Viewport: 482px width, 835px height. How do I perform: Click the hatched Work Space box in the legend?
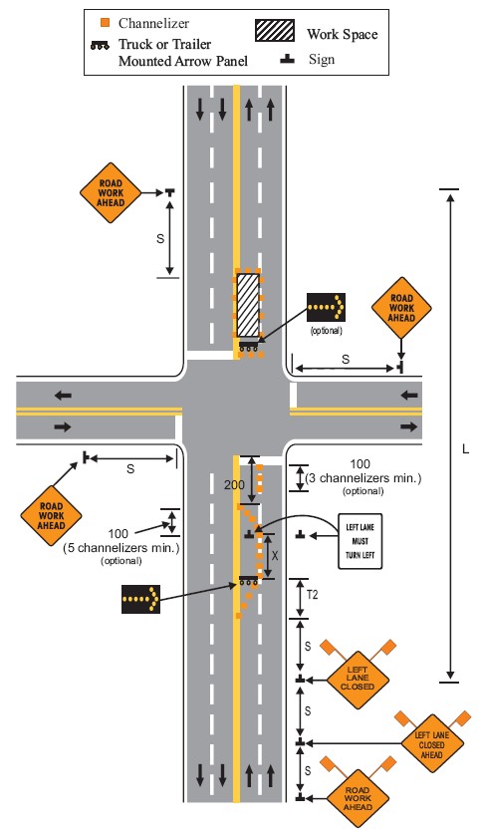[275, 31]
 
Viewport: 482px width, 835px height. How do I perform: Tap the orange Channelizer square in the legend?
[106, 23]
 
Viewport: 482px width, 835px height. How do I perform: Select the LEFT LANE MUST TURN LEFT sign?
[361, 541]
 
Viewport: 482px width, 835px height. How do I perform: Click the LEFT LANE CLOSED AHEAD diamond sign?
[431, 744]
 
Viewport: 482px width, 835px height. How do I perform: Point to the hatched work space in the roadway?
[248, 305]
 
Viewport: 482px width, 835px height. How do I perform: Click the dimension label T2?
[313, 594]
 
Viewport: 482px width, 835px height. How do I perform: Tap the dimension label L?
[465, 449]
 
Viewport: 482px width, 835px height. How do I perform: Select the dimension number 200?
[234, 484]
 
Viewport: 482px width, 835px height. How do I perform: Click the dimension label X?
[275, 555]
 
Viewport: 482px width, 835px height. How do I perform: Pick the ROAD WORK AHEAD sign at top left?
[111, 192]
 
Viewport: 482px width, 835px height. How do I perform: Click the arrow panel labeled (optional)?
[326, 308]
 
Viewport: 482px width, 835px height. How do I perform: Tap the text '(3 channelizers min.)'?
[363, 478]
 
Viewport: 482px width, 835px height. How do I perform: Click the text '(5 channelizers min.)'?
[121, 547]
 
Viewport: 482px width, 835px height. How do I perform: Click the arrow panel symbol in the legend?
[100, 46]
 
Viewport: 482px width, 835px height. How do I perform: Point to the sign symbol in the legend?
[287, 59]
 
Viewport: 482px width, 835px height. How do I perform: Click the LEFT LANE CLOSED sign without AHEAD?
[358, 678]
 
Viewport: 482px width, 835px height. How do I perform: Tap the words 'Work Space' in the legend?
[343, 35]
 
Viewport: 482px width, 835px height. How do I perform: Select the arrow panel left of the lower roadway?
[140, 599]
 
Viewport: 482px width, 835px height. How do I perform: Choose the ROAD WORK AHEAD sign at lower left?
[51, 515]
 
